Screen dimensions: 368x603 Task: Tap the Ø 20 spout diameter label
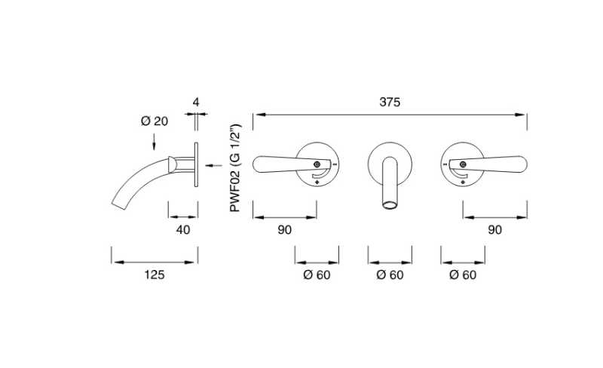coord(154,121)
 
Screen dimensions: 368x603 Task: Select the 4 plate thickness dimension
coord(195,101)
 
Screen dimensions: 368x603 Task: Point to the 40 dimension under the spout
coord(182,229)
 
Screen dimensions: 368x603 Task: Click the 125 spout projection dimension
coord(154,274)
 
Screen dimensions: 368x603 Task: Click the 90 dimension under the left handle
coord(284,230)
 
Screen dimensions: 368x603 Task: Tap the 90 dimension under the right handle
coord(494,230)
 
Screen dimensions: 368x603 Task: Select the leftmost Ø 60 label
coord(317,274)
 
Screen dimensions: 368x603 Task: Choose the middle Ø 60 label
coord(390,274)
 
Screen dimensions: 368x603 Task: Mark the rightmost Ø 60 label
coord(463,274)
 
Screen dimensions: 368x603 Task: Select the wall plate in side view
coord(196,164)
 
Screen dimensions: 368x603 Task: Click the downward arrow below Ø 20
coord(154,140)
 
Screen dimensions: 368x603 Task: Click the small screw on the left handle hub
coord(317,164)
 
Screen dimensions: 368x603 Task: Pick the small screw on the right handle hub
coord(461,164)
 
